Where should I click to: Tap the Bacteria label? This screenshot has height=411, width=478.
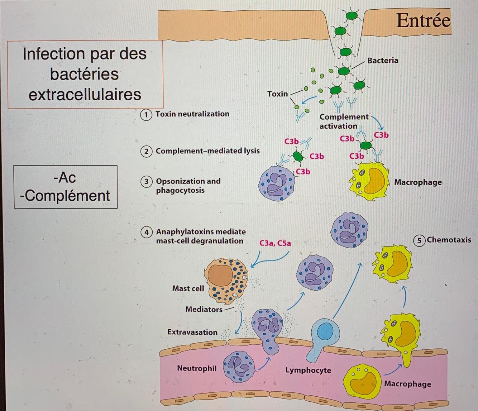383,61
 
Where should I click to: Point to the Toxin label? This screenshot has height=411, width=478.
277,94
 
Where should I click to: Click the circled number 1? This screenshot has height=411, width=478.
146,115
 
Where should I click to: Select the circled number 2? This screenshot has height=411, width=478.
146,151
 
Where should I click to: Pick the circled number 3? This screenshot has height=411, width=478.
146,182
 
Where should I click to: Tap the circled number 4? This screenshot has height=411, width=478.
146,232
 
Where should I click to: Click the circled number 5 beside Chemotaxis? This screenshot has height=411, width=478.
419,240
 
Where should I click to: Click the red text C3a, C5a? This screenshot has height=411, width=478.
275,243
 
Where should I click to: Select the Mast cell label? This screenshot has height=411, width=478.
188,288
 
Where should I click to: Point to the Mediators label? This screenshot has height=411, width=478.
204,309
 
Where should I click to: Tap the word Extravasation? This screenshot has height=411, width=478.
192,332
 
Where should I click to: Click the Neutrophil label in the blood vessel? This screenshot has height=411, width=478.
197,368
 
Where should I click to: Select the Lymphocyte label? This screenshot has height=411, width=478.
308,370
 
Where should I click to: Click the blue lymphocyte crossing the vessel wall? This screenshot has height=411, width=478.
325,331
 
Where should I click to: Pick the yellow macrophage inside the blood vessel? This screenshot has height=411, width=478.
361,382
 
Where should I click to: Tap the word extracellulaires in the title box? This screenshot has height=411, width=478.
85,95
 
